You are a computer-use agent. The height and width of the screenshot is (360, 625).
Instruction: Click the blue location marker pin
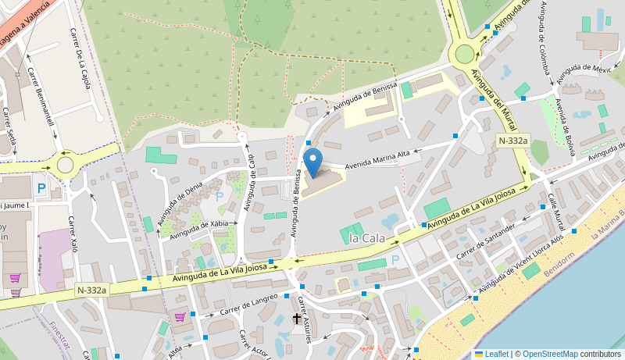[312, 162]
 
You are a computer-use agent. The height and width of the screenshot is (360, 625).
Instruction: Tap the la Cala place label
[367, 238]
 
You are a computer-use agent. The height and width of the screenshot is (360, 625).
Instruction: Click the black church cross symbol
[297, 319]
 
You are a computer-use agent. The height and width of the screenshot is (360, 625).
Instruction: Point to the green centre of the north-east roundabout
[465, 53]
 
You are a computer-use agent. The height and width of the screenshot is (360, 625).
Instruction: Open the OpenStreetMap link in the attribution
[549, 354]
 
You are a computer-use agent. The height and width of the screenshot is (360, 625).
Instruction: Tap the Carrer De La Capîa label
[81, 58]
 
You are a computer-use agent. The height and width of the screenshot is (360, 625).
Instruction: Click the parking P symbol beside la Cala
[395, 259]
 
